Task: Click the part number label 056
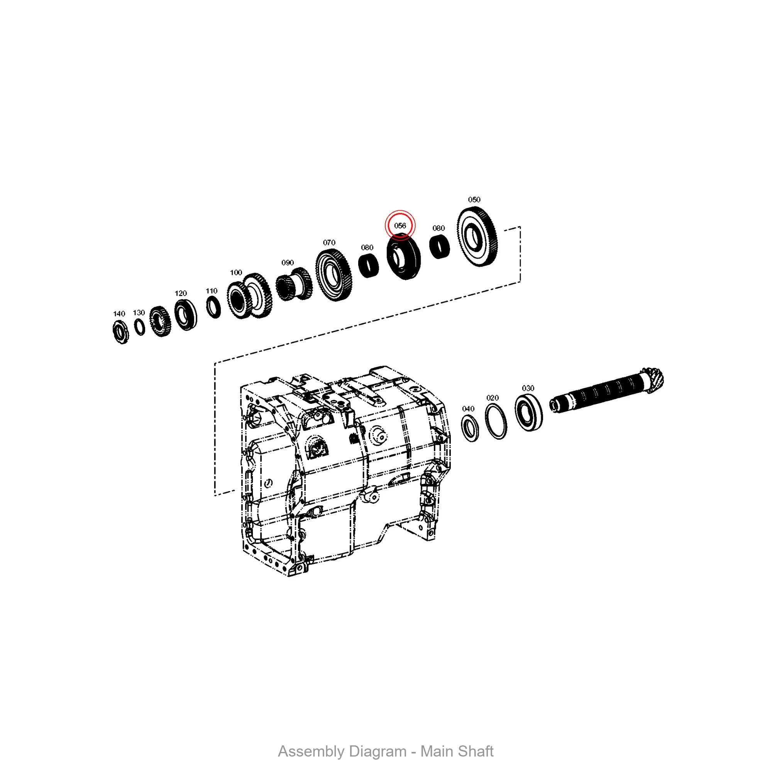[400, 226]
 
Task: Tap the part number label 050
[474, 200]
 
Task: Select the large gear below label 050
[477, 237]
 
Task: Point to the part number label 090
[287, 262]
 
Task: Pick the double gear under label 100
[249, 296]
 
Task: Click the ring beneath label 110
[213, 307]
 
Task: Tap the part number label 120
[181, 293]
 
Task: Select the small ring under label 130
[139, 327]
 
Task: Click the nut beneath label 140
[121, 332]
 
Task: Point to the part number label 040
[468, 409]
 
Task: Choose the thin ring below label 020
[496, 422]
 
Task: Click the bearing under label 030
[528, 412]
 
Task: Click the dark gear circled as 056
[404, 257]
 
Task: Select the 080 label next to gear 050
[438, 228]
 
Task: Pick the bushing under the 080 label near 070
[368, 266]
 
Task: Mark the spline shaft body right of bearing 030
[599, 394]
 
